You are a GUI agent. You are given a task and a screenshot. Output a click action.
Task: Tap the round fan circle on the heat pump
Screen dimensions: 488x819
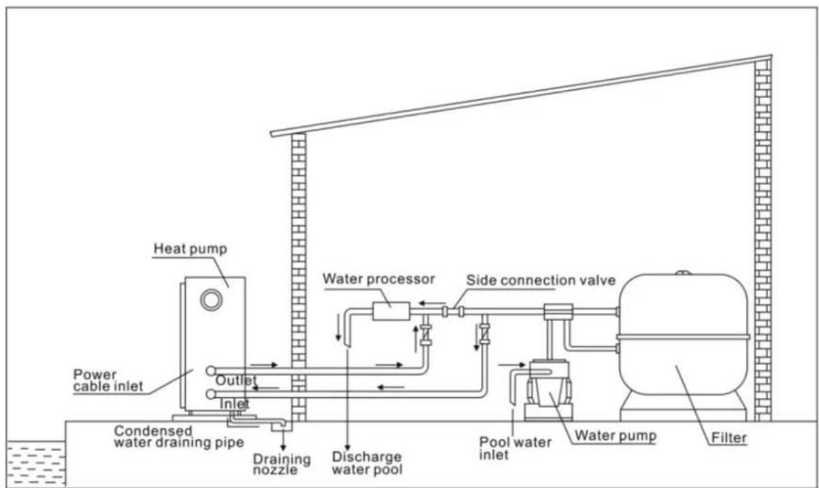coord(209,299)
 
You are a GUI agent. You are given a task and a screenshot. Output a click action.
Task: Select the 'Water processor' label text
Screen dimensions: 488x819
coord(378,278)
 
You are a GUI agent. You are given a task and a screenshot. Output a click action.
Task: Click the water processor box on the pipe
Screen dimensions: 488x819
coord(385,310)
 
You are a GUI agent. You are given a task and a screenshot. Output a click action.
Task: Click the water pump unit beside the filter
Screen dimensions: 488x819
coord(549,392)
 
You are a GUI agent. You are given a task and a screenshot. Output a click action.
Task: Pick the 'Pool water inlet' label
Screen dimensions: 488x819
coord(514,449)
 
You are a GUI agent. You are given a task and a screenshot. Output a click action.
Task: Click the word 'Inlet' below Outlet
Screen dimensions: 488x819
coord(234,403)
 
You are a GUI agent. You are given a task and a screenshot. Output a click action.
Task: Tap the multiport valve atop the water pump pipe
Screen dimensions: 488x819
coord(557,310)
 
